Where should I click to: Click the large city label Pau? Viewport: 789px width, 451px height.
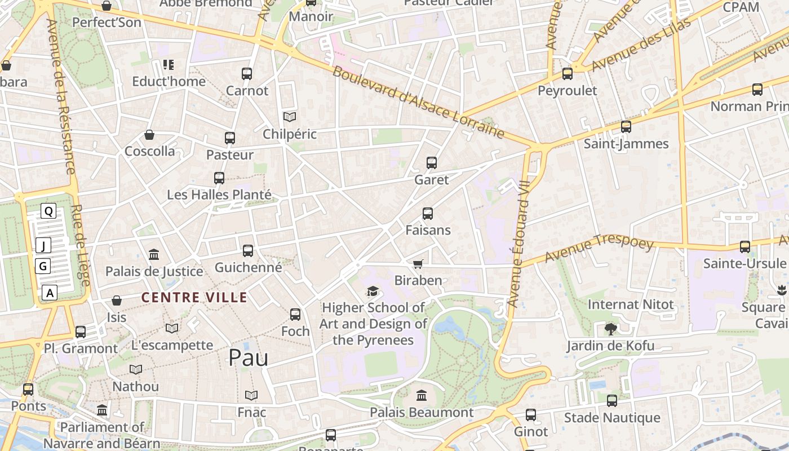click(248, 358)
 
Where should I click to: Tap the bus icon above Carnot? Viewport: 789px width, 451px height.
click(247, 74)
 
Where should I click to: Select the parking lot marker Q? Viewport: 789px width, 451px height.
click(49, 211)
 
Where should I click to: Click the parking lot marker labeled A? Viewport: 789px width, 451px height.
click(50, 293)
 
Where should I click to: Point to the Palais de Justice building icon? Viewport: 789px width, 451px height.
click(154, 255)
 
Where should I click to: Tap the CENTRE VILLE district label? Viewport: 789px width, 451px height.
click(194, 297)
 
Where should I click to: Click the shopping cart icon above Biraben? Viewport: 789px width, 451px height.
click(418, 264)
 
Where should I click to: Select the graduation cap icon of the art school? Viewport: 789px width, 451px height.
click(373, 291)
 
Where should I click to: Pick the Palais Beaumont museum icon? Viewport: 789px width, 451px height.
click(422, 395)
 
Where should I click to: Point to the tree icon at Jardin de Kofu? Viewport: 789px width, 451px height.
click(610, 329)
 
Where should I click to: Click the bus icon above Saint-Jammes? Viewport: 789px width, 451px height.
click(626, 127)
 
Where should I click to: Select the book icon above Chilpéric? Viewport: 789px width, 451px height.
click(290, 117)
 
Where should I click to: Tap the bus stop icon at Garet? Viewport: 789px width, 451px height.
click(432, 163)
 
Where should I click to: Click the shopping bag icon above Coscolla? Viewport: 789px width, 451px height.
click(149, 135)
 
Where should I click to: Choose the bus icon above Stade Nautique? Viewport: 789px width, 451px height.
click(612, 401)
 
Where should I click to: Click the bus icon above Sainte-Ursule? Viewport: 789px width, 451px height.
click(745, 246)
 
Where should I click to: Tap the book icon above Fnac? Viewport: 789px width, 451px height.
click(251, 395)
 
